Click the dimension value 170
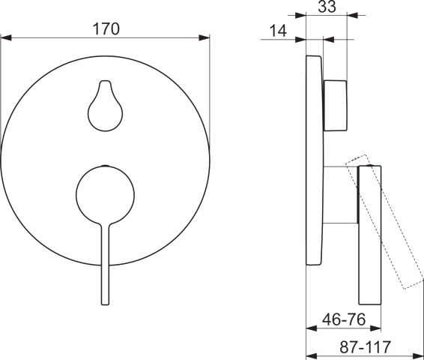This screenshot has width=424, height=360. [105, 29]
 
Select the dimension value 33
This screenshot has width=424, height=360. [327, 8]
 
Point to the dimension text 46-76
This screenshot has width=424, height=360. [345, 319]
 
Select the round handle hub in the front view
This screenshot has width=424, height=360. [105, 193]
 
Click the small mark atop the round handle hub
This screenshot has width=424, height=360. [106, 163]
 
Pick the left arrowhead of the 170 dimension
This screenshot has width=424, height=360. [4, 38]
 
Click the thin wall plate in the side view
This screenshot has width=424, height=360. [315, 161]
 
